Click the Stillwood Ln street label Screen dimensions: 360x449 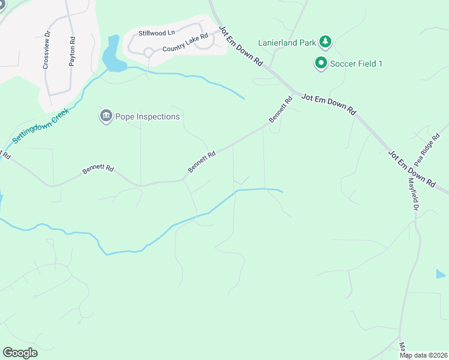[156, 33]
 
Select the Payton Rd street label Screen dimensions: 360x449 [72, 52]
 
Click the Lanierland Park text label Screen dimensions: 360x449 [286, 43]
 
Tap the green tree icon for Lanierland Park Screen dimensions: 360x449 [325, 41]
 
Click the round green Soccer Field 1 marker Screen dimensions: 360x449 [321, 62]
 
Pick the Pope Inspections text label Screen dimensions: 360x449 [148, 116]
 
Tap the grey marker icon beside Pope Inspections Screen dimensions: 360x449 [106, 115]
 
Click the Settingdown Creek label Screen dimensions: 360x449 [40, 124]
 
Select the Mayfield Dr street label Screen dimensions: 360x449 [413, 193]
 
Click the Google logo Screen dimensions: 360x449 [20, 353]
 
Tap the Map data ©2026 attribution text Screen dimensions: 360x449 [423, 355]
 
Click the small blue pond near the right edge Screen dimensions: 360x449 [441, 274]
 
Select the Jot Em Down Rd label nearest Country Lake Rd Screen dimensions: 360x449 [241, 46]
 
